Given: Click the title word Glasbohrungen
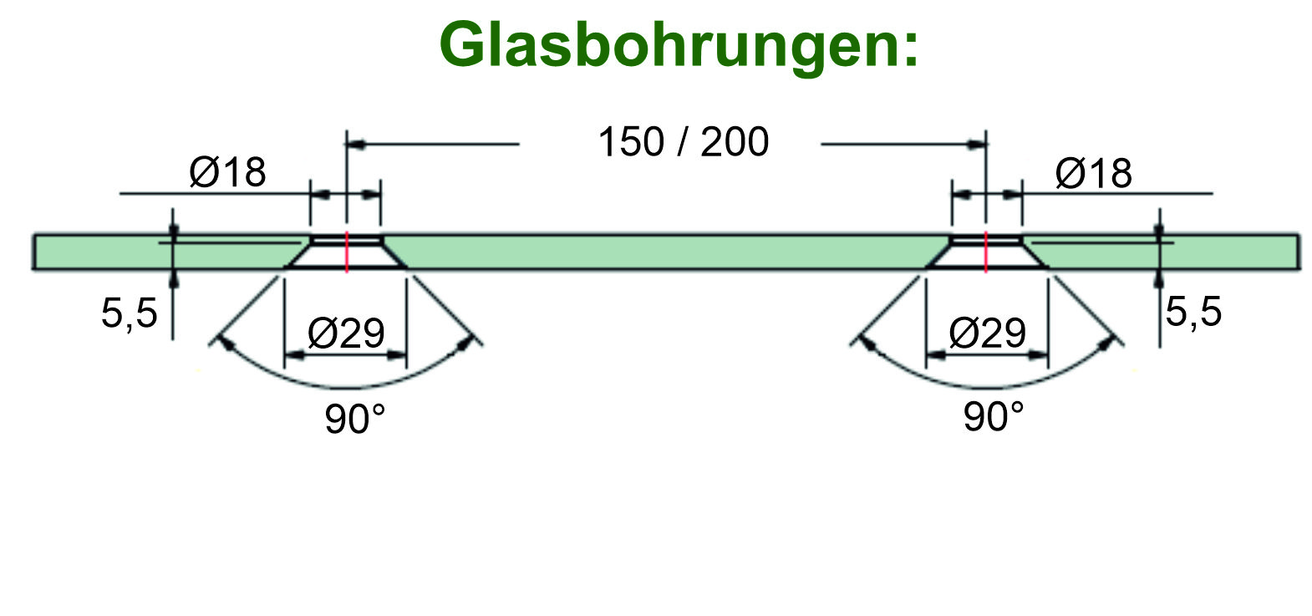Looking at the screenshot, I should [x=678, y=45].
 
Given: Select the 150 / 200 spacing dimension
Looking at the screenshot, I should [x=683, y=142].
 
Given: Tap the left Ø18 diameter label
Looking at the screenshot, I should [x=227, y=173].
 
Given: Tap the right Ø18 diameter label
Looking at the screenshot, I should [x=1093, y=174].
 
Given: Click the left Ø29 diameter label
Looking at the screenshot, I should [x=346, y=333].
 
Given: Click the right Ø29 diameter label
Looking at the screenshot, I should [x=987, y=333].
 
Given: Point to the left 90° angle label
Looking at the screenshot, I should [x=355, y=418].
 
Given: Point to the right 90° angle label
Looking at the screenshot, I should [x=993, y=415].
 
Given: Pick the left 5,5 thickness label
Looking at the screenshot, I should [x=130, y=314].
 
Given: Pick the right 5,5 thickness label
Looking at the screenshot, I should [x=1193, y=312].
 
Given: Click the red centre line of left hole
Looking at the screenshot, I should [x=346, y=252].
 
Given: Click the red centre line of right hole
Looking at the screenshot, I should [x=986, y=252].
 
